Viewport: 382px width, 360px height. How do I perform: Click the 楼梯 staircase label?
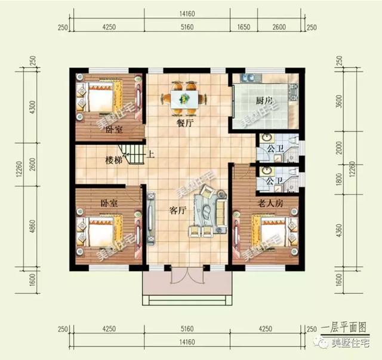pyautogui.click(x=115, y=160)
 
